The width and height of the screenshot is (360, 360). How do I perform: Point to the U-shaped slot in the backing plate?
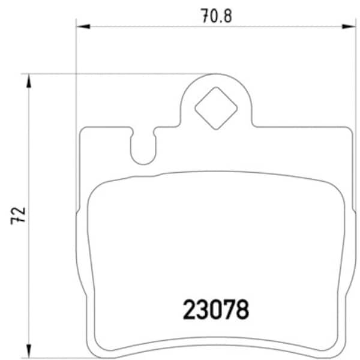point(143,150)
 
